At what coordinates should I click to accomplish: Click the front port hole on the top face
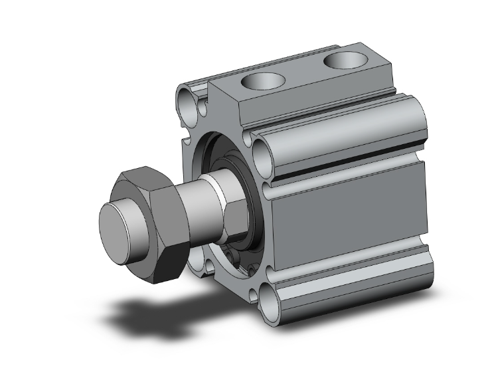263,82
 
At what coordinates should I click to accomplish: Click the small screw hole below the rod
231,256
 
